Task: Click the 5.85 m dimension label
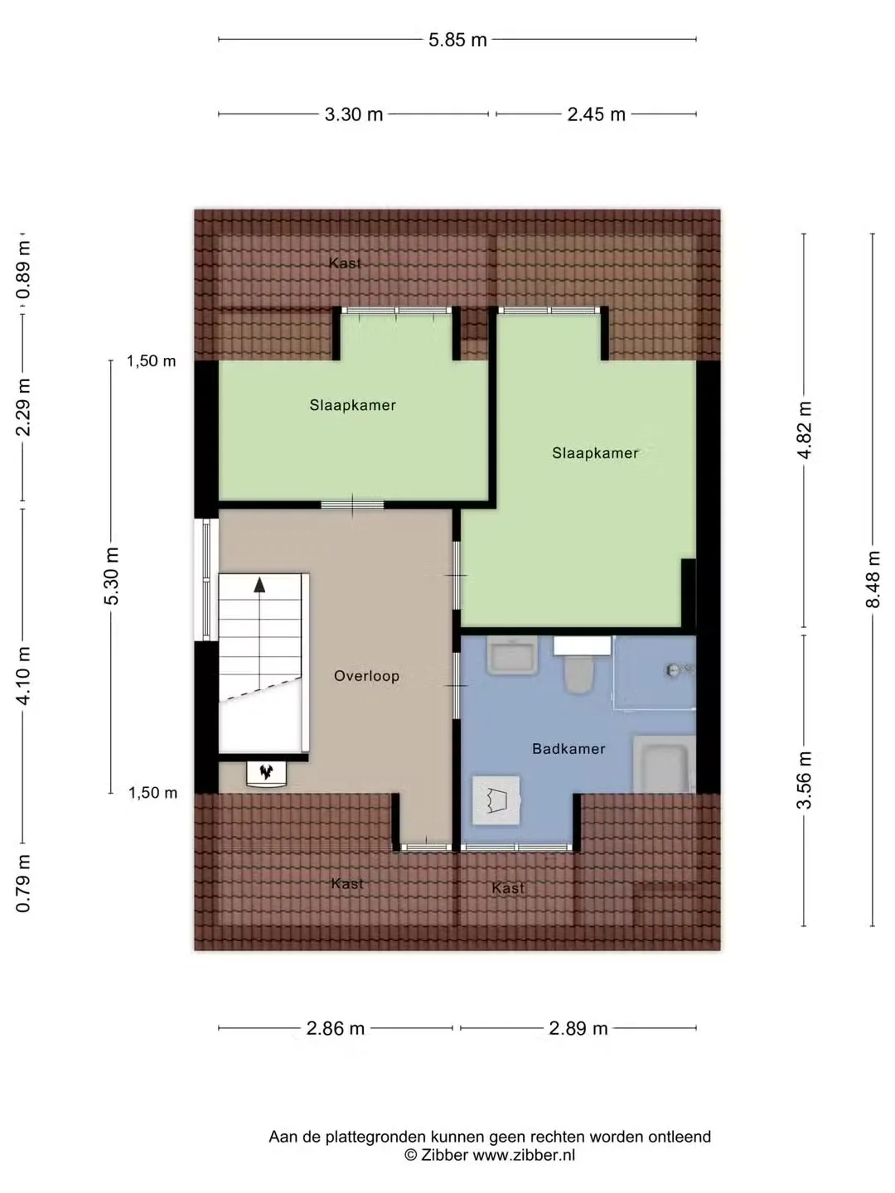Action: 457,41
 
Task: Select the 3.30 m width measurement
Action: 354,114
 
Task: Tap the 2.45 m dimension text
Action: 596,114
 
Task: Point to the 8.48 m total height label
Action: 873,579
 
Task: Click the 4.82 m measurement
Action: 804,430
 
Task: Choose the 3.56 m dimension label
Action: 804,780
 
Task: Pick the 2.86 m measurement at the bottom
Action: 336,1028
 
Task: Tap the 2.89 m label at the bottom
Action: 578,1028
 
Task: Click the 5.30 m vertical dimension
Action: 111,576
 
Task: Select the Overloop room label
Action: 367,676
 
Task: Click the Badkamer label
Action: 568,749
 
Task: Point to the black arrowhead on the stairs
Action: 259,585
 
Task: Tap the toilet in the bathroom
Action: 579,673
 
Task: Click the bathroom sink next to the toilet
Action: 512,655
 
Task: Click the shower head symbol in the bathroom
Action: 675,670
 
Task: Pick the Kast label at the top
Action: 345,263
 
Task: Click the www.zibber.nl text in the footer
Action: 523,1155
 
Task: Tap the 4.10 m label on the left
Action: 23,676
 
